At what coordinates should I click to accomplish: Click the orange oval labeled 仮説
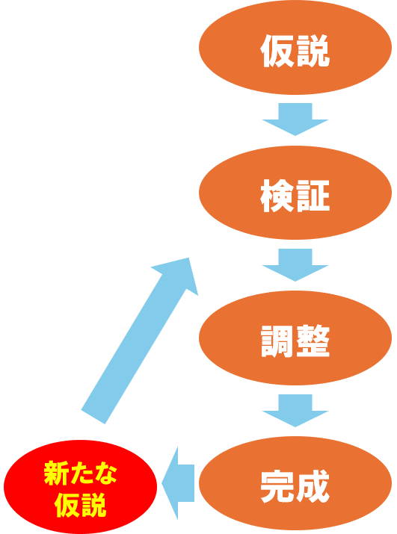pos(295,48)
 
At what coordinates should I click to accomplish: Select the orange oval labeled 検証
pos(295,193)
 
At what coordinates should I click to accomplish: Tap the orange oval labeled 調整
pos(295,338)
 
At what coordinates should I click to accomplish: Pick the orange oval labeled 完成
pos(295,483)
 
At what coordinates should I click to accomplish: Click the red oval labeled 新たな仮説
pos(81,487)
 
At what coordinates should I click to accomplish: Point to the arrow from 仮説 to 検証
pos(295,119)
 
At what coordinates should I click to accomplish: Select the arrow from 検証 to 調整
pos(295,265)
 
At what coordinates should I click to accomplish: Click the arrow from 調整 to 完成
pos(295,410)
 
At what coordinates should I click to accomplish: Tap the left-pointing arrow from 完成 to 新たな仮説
pos(178,483)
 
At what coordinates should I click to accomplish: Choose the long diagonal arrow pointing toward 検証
pos(140,341)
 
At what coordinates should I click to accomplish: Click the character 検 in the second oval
pos(277,196)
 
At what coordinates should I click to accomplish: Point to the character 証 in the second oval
pos(313,196)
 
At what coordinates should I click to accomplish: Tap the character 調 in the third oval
pos(277,341)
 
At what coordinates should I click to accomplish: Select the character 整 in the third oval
pos(313,341)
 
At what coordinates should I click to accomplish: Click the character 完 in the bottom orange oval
pos(277,486)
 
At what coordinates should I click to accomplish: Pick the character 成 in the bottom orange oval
pos(313,486)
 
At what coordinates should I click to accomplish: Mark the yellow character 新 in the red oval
pos(55,473)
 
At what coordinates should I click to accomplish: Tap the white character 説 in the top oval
pos(313,50)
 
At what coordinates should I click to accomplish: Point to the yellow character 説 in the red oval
pos(93,505)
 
